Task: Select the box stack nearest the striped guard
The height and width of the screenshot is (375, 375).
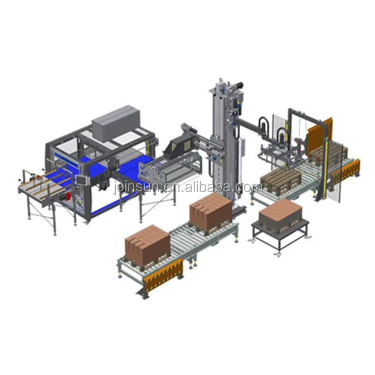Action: click(x=147, y=241)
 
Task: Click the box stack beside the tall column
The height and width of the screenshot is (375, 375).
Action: click(x=210, y=211)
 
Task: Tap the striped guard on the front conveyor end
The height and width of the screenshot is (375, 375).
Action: click(x=163, y=275)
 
